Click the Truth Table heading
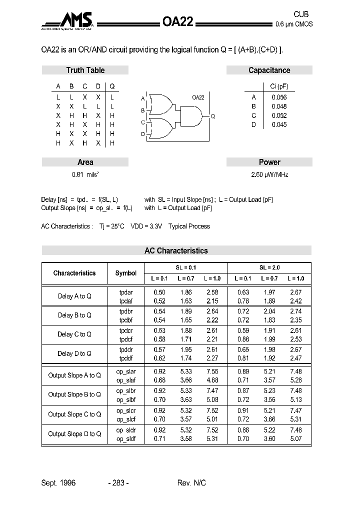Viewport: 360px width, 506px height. pos(85,70)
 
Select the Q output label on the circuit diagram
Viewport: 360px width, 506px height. pos(212,116)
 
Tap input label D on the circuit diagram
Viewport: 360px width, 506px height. pos(142,134)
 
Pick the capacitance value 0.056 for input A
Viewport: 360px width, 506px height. pos(279,97)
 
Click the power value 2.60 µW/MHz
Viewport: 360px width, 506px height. pos(269,175)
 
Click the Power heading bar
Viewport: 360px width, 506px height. pos(269,162)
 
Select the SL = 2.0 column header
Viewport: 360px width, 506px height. pos(269,267)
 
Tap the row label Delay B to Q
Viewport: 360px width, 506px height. pos(74,315)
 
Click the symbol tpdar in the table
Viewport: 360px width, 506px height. pos(126,292)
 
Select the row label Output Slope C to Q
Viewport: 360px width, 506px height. pos(74,414)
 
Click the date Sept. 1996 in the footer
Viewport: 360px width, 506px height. pos(58,482)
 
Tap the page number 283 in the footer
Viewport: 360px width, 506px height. pos(118,482)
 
